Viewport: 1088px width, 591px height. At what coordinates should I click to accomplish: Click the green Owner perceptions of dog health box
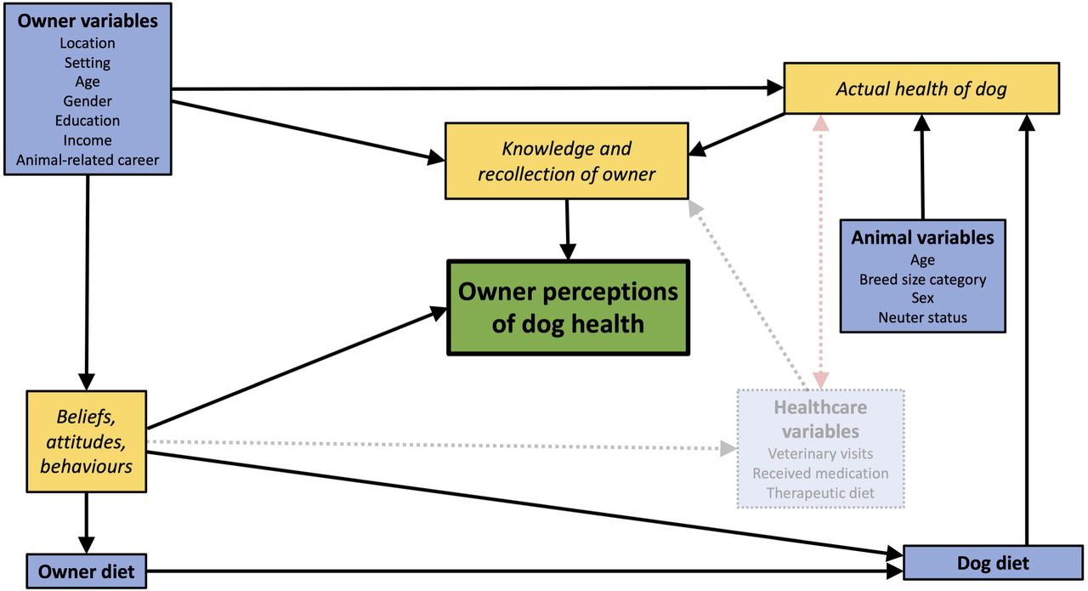coord(568,308)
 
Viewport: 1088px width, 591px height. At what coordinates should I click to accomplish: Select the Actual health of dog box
coord(921,88)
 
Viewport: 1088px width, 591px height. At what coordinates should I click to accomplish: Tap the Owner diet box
coord(87,571)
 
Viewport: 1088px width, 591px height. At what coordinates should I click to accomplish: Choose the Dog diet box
coord(993,562)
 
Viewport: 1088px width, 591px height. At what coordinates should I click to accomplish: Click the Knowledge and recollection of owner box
coord(566,161)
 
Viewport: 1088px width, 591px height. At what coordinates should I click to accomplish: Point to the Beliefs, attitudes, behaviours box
coord(87,441)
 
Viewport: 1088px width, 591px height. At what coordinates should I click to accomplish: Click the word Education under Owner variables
coord(88,121)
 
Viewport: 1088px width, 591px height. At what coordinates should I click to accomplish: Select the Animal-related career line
coord(88,160)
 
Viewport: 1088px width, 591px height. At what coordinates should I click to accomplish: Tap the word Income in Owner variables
coord(88,140)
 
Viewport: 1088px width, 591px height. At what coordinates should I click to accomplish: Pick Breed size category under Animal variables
coord(922,280)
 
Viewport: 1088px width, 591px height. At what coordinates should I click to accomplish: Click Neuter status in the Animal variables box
coord(922,317)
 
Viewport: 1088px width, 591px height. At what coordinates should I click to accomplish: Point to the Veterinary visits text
coord(820,453)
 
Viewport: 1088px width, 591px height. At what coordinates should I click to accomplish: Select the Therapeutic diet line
coord(820,493)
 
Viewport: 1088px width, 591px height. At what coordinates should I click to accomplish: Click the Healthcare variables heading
coord(820,419)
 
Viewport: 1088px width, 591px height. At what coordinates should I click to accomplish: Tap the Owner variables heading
coord(88,21)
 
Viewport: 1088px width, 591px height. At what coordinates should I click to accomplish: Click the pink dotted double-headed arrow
coord(820,252)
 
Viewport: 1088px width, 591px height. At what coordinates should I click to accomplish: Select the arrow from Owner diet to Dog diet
coord(524,571)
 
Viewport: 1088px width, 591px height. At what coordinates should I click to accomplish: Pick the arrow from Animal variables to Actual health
coord(922,168)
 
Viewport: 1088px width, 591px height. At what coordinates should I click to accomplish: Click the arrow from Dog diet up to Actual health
coord(1026,330)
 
